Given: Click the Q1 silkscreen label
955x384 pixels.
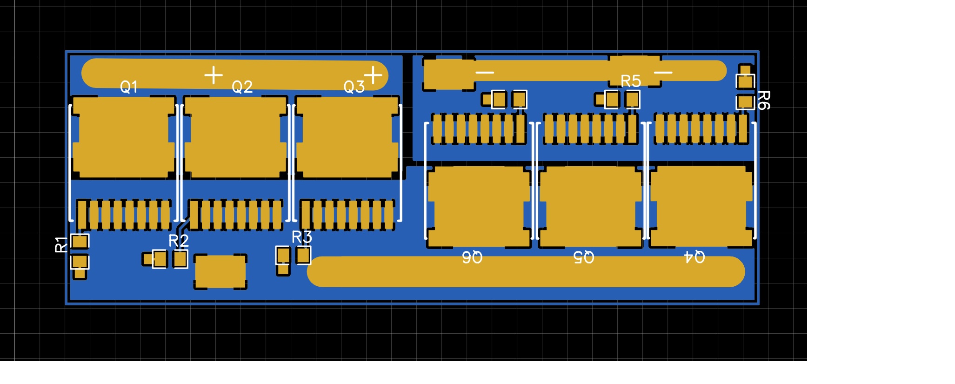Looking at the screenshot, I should pyautogui.click(x=129, y=87).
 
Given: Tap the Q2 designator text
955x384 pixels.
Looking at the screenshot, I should pyautogui.click(x=242, y=87).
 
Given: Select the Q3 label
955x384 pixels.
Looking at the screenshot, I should pyautogui.click(x=354, y=87).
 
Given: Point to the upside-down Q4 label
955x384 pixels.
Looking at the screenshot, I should pyautogui.click(x=694, y=257).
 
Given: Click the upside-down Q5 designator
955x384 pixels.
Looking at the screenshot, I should pyautogui.click(x=583, y=257).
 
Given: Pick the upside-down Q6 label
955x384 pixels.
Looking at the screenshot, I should pyautogui.click(x=472, y=257).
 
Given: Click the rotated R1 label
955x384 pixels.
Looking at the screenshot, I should pyautogui.click(x=61, y=244).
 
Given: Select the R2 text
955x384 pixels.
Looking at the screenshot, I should pyautogui.click(x=178, y=241).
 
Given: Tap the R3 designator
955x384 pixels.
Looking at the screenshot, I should pyautogui.click(x=301, y=237).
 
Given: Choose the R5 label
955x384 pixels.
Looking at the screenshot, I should pyautogui.click(x=631, y=81).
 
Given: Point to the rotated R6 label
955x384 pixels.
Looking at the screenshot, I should pyautogui.click(x=763, y=100).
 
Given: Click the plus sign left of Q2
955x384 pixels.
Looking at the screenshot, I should pyautogui.click(x=214, y=75).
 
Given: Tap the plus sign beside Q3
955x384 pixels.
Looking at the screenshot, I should pyautogui.click(x=373, y=74).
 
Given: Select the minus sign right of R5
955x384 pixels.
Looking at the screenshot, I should pyautogui.click(x=663, y=73).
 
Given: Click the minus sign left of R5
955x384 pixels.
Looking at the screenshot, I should pyautogui.click(x=485, y=72).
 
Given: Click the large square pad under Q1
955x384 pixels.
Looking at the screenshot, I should pyautogui.click(x=123, y=138).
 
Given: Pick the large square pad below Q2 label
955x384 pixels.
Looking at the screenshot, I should pyautogui.click(x=235, y=138).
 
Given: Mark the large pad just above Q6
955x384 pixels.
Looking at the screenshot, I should pyautogui.click(x=479, y=207).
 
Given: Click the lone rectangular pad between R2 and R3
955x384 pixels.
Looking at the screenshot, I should pyautogui.click(x=220, y=272).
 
